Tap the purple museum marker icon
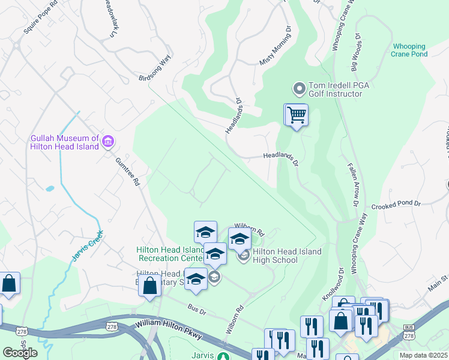tap(109, 142)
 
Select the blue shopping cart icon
tap(296, 114)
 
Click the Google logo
tap(20, 353)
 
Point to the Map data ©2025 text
tap(423, 355)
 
